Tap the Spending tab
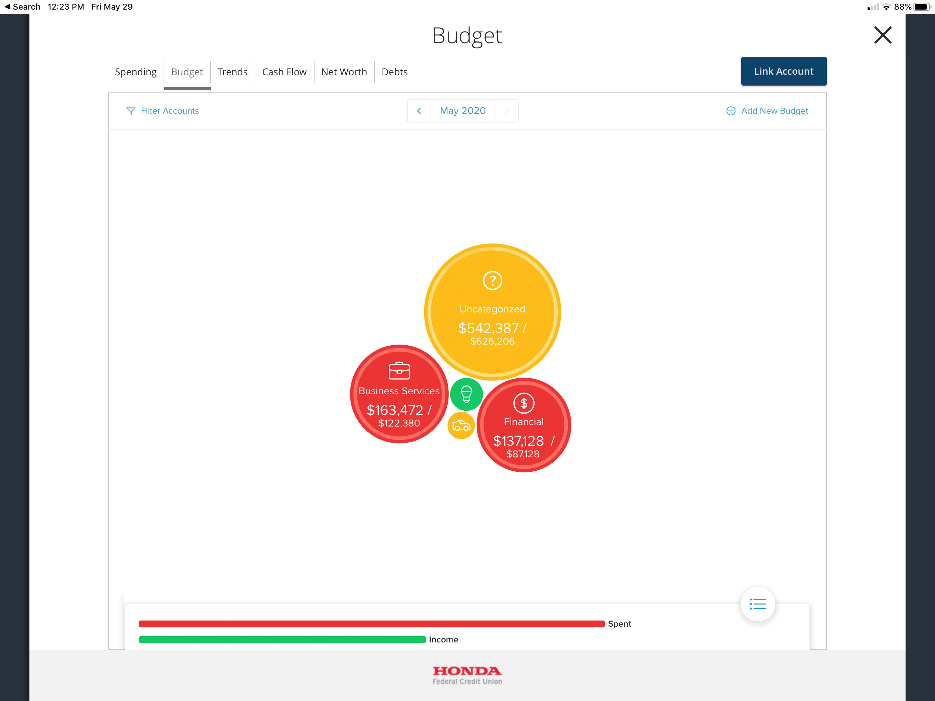point(135,72)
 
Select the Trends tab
point(232,72)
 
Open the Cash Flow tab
point(284,72)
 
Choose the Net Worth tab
point(344,72)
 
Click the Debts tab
point(394,72)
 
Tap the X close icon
point(883,35)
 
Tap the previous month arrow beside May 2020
point(419,111)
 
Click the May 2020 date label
point(462,111)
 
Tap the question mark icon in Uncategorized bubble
point(492,280)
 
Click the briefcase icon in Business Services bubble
point(399,371)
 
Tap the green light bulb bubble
point(466,394)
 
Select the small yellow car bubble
point(461,425)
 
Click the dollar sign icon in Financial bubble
point(524,403)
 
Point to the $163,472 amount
point(395,410)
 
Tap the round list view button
point(757,604)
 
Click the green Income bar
point(282,640)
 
